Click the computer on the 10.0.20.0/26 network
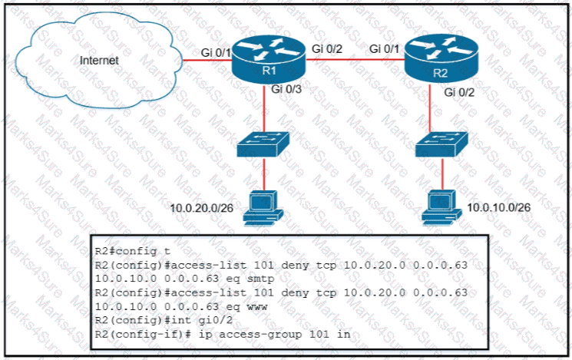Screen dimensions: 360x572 263,207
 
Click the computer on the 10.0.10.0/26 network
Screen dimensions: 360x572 439,203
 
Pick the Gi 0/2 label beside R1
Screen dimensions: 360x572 327,48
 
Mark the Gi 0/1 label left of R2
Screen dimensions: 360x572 385,48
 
